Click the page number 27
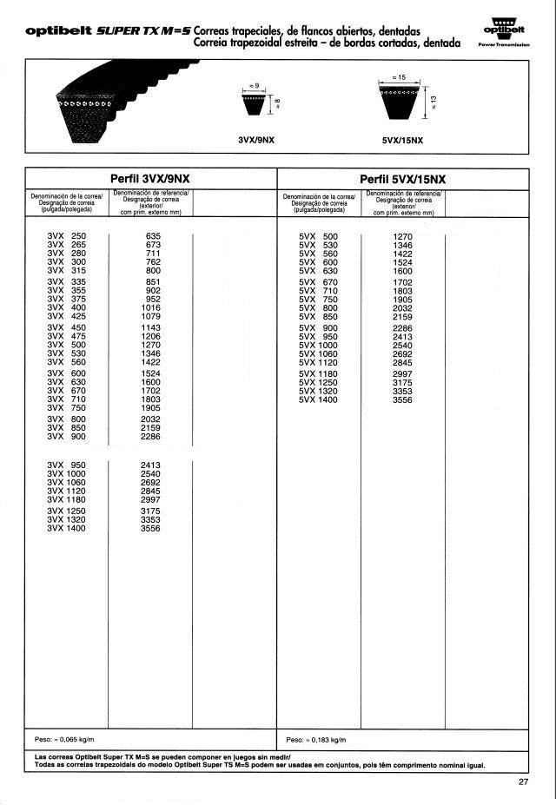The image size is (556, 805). pyautogui.click(x=522, y=782)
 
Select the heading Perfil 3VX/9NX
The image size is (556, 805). pyautogui.click(x=150, y=178)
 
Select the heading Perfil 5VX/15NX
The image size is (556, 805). pyautogui.click(x=402, y=178)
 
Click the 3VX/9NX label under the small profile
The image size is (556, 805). pyautogui.click(x=256, y=139)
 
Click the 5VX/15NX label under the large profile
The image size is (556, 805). pyautogui.click(x=403, y=139)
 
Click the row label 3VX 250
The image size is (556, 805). pyautogui.click(x=67, y=236)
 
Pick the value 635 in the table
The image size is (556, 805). pyautogui.click(x=154, y=236)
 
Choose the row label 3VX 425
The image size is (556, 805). pyautogui.click(x=67, y=316)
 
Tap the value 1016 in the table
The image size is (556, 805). pyautogui.click(x=151, y=307)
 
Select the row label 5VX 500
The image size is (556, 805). pyautogui.click(x=318, y=236)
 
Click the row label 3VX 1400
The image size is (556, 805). pyautogui.click(x=67, y=528)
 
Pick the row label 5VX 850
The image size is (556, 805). pyautogui.click(x=318, y=316)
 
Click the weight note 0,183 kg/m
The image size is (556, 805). pyautogui.click(x=315, y=740)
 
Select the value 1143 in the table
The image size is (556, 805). pyautogui.click(x=151, y=327)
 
